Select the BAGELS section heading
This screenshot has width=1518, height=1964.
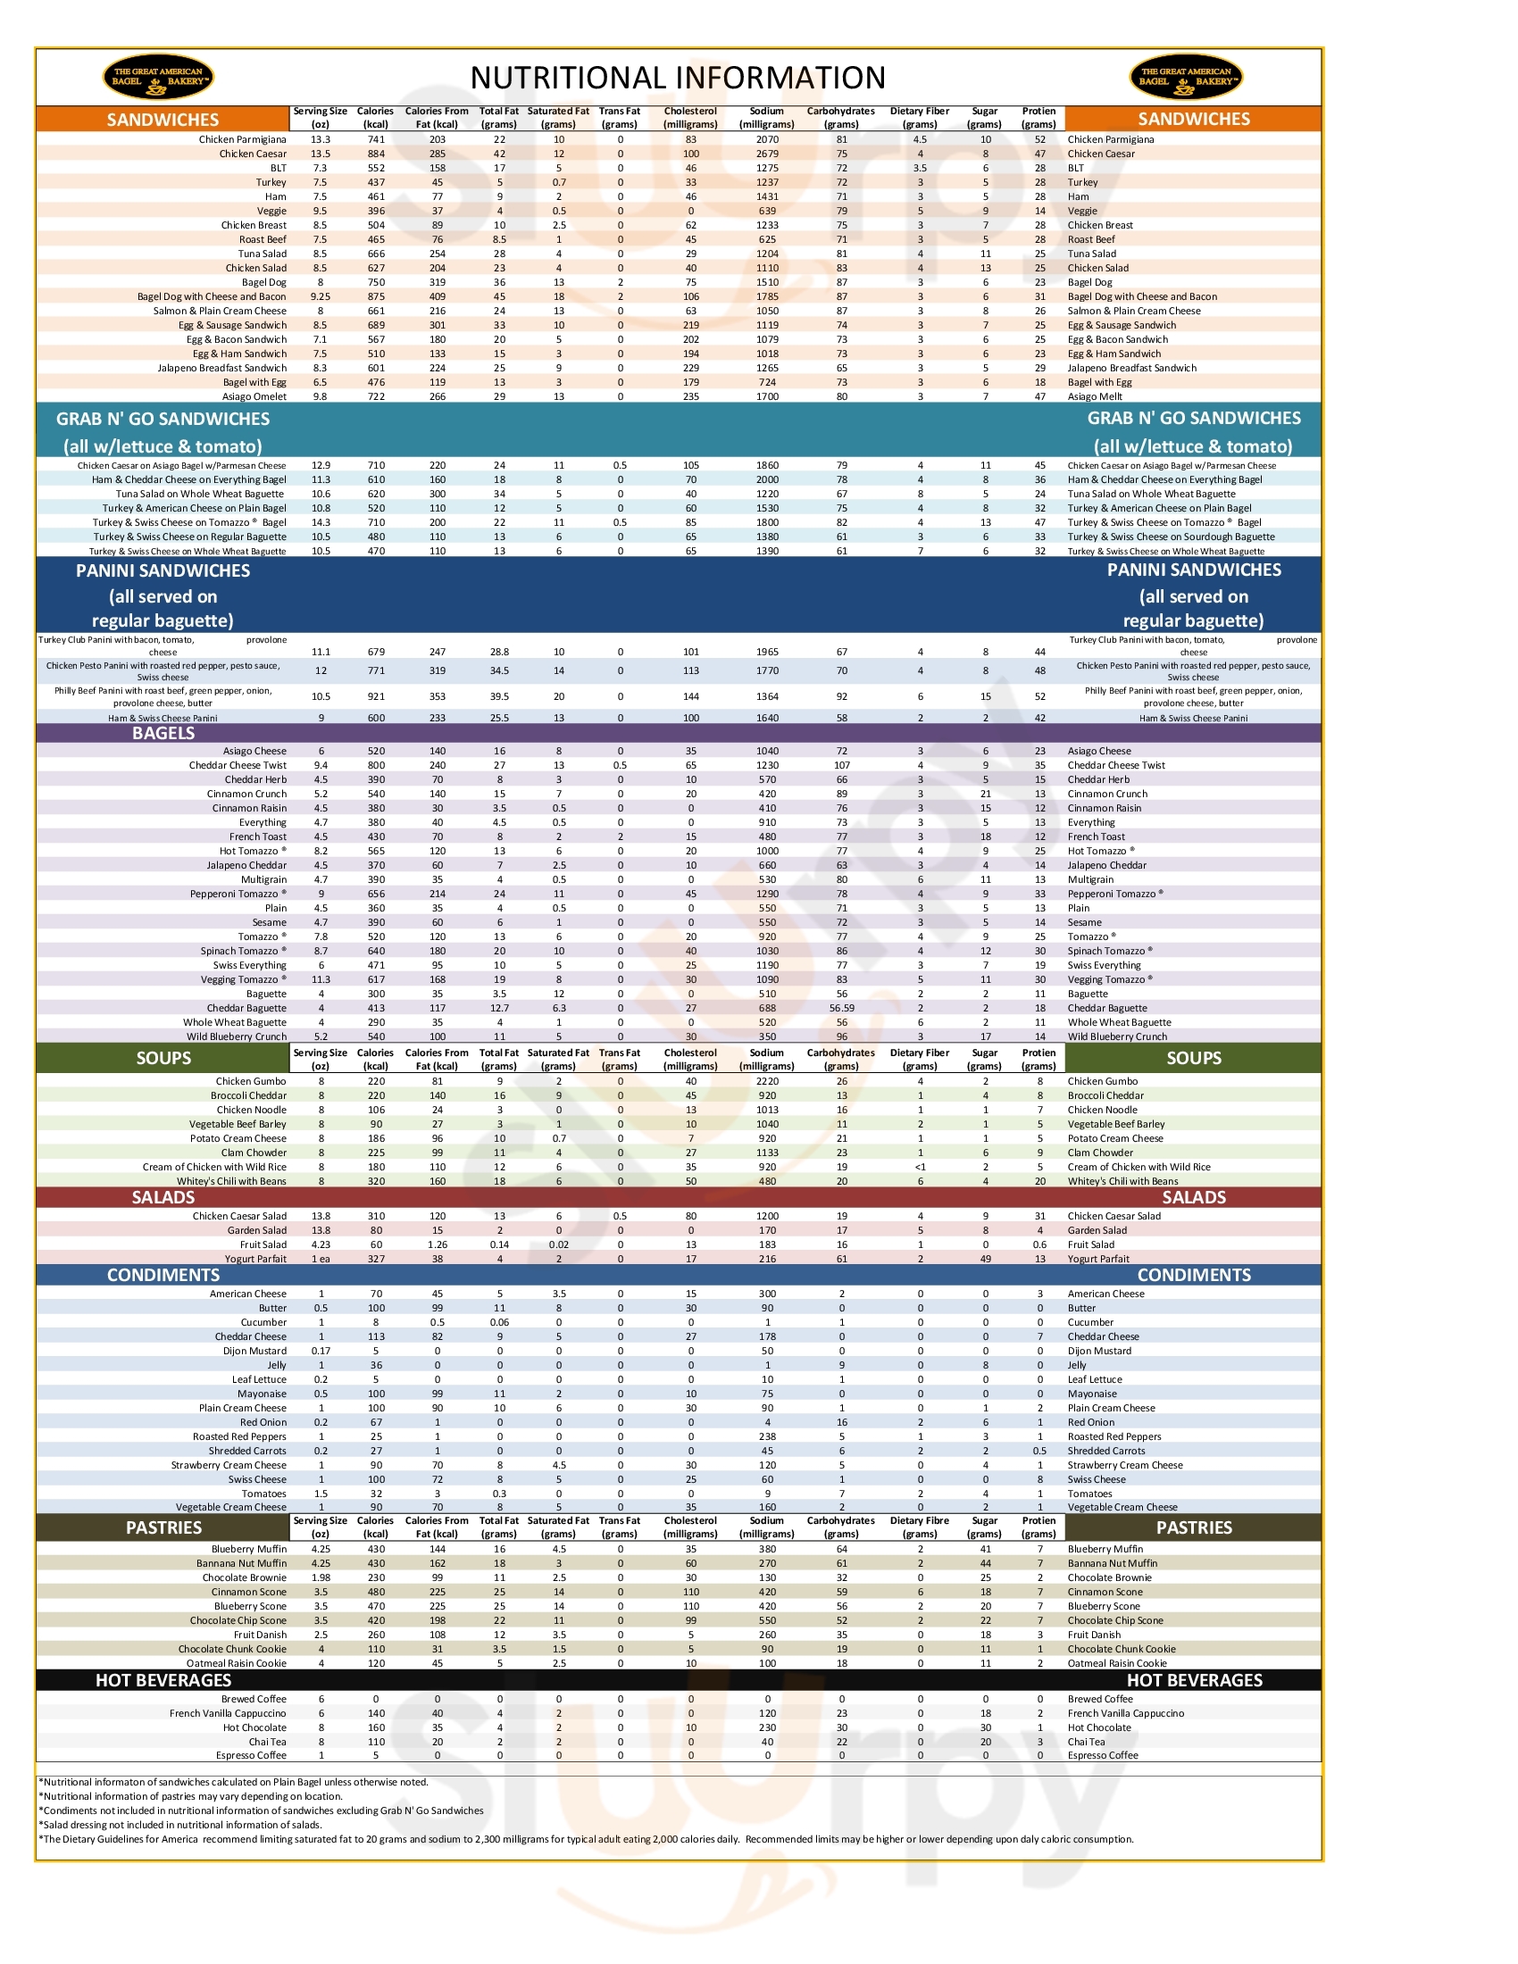(x=163, y=733)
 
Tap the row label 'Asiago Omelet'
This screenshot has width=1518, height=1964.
(x=254, y=396)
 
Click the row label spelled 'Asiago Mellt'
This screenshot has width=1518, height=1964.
(x=1095, y=396)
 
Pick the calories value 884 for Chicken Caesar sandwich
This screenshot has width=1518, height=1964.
(x=376, y=154)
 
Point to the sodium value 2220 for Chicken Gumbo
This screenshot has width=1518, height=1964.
(x=767, y=1081)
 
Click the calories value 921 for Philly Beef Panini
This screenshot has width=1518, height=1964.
(x=376, y=697)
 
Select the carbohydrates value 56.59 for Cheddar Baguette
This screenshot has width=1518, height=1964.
(x=842, y=1008)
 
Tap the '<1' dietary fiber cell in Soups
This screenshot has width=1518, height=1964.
(x=920, y=1168)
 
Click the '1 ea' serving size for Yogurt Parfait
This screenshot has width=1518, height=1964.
(x=321, y=1259)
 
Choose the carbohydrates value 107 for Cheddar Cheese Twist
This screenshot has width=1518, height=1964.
(x=842, y=765)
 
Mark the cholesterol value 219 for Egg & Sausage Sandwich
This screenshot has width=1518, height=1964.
(x=690, y=326)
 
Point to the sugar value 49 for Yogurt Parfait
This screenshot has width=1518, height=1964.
(x=986, y=1259)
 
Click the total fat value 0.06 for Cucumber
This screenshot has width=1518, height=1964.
(x=499, y=1322)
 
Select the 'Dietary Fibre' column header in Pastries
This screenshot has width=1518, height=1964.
(x=920, y=1527)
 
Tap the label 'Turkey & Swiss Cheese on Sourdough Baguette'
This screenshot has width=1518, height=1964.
(x=1171, y=537)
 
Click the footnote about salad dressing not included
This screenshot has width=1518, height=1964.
(x=179, y=1825)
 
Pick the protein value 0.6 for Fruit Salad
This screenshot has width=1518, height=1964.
(x=1039, y=1244)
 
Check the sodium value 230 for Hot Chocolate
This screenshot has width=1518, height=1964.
(x=767, y=1727)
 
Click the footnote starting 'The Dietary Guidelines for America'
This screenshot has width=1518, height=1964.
(x=585, y=1839)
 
